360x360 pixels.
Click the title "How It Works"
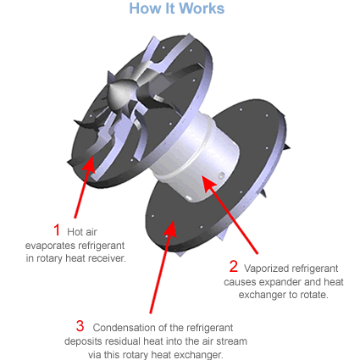[x=177, y=8]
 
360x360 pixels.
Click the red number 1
[x=57, y=230]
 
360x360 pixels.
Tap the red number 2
[x=234, y=266]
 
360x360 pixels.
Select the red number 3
[x=80, y=326]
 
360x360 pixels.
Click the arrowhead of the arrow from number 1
[x=90, y=163]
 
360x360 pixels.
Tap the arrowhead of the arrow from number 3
[x=171, y=228]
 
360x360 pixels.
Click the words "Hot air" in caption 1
[x=82, y=232]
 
